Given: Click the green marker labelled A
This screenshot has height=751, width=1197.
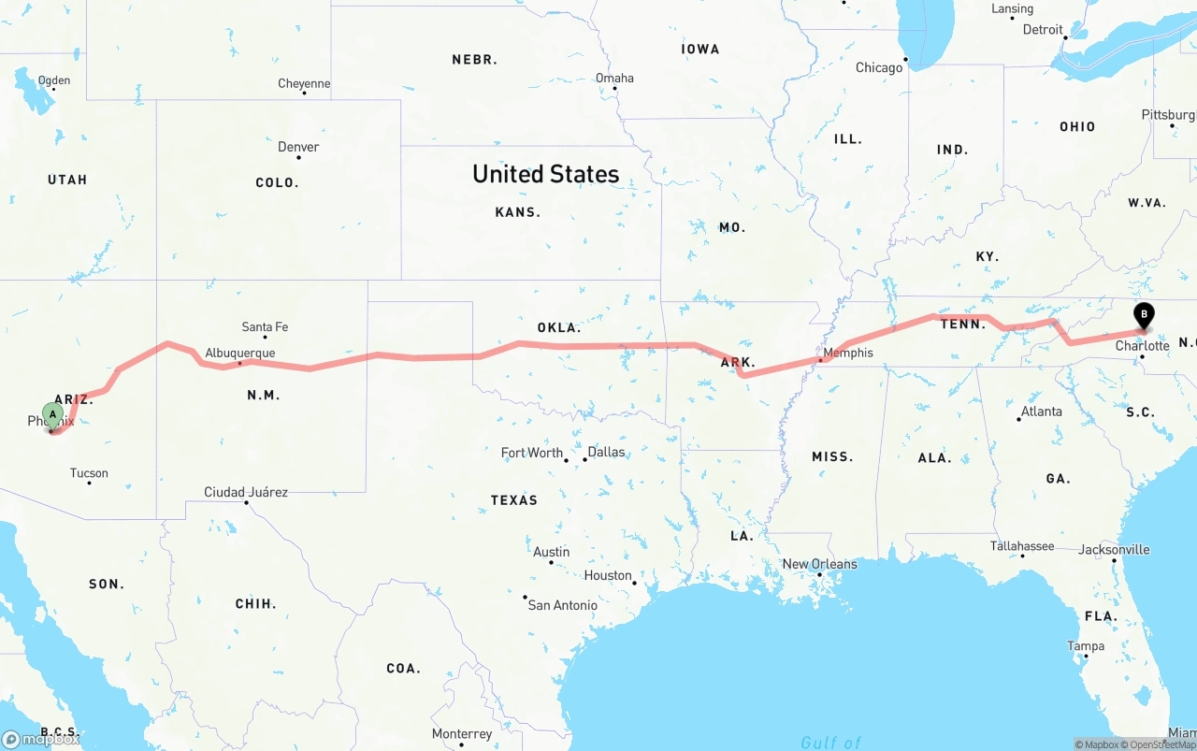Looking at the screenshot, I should click(53, 414).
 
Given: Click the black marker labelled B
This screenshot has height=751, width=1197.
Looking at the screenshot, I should click(1143, 315).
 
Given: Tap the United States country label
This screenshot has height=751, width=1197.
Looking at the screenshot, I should click(545, 174).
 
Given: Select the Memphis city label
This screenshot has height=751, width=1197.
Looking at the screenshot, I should click(848, 353).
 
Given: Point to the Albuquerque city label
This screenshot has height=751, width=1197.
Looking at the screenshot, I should click(240, 353).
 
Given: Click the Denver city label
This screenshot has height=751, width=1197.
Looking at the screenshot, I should click(298, 147).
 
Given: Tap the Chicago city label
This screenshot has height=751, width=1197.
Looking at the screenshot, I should click(879, 67).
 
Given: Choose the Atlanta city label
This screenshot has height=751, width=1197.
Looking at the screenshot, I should click(1041, 412).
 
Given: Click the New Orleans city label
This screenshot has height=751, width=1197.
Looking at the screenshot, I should click(819, 564).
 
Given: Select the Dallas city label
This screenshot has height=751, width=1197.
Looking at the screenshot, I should click(606, 452).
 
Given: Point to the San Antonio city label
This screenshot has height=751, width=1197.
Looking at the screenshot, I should click(562, 605).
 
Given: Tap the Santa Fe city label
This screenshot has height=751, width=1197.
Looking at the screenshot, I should click(265, 326).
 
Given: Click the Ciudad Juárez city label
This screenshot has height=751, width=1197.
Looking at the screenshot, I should click(246, 492).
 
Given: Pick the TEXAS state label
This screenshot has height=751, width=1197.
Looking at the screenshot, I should click(514, 500).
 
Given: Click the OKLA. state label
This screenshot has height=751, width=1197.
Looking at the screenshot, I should click(559, 328).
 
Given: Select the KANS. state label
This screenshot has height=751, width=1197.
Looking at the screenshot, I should click(518, 212).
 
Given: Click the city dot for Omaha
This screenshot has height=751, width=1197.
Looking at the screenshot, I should click(614, 89).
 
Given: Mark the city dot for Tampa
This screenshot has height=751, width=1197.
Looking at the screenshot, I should click(1084, 656).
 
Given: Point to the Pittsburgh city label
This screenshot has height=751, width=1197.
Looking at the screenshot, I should click(1168, 115).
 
